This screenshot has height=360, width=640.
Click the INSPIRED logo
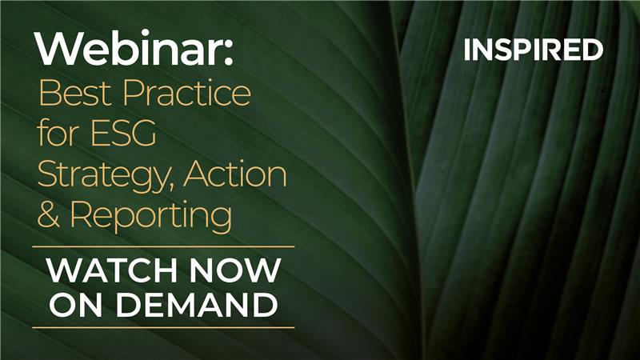pyautogui.click(x=533, y=50)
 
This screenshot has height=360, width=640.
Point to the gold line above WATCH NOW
pyautogui.click(x=163, y=246)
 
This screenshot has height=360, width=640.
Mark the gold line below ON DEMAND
pyautogui.click(x=163, y=327)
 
